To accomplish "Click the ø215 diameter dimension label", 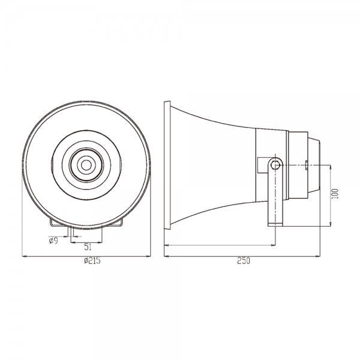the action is [92, 261].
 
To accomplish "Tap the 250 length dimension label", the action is [244, 261].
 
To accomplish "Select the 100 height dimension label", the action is [335, 194].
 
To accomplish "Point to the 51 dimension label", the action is [88, 247].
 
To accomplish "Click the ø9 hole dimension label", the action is [53, 241].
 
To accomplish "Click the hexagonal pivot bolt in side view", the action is [275, 164].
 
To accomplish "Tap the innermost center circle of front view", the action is [86, 165].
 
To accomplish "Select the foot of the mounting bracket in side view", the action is [275, 225].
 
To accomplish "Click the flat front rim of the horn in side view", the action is [167, 165].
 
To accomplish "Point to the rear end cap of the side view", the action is [313, 165].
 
